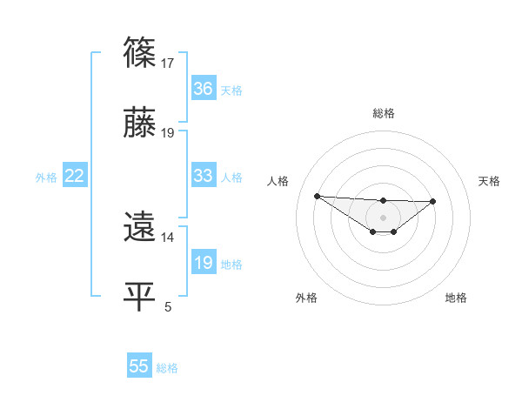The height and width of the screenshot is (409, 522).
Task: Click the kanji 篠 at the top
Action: [x=141, y=51]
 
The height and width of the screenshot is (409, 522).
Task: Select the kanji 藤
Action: [x=141, y=124]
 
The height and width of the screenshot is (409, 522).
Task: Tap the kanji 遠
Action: [x=141, y=227]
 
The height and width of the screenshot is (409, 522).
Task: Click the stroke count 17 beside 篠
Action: [x=168, y=63]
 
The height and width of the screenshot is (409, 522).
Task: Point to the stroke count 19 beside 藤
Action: [x=168, y=133]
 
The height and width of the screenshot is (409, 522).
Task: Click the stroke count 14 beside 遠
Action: [x=168, y=237]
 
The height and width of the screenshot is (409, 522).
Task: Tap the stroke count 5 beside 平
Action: [x=168, y=306]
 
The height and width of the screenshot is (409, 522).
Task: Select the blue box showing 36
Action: [x=204, y=89]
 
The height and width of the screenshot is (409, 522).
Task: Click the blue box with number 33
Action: [x=204, y=176]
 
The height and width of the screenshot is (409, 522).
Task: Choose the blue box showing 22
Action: [x=75, y=176]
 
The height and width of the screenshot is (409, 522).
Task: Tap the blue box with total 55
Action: [x=139, y=366]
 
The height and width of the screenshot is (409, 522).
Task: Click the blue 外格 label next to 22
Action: [x=46, y=177]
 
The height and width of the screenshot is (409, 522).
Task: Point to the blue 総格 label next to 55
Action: [x=167, y=368]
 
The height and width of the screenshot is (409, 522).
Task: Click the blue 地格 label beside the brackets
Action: [x=231, y=264]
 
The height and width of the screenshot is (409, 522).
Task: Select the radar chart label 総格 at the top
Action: [x=384, y=113]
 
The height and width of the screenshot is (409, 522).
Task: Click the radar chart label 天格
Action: [x=490, y=181]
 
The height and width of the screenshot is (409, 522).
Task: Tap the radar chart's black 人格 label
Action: [x=278, y=181]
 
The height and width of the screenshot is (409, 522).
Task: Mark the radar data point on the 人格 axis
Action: [x=317, y=196]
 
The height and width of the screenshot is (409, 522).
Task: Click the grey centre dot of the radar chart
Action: [x=384, y=217]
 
